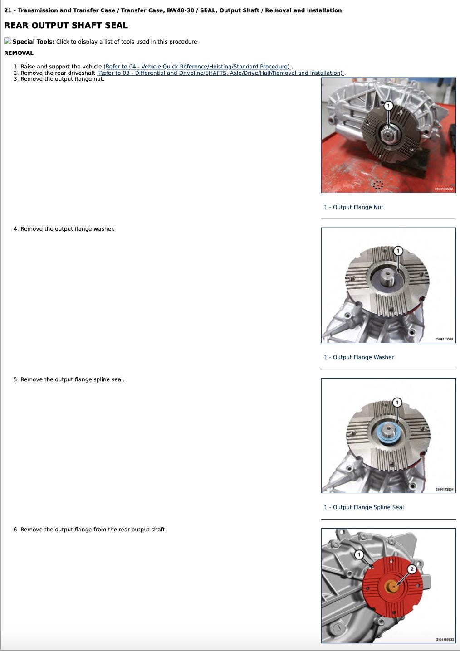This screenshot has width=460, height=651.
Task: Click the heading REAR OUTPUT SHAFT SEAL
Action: [66, 25]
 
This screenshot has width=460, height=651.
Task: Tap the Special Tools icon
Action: [8, 41]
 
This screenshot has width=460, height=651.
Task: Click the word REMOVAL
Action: [19, 53]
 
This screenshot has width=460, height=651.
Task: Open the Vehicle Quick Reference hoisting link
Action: [197, 67]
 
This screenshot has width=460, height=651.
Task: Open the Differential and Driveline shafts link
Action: [220, 73]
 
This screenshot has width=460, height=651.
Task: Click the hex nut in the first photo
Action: [388, 134]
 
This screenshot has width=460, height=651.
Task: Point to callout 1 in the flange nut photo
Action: [388, 106]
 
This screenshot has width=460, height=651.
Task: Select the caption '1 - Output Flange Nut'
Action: [353, 207]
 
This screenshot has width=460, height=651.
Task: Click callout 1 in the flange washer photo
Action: [398, 250]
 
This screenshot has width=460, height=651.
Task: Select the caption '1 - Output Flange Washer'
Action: [359, 357]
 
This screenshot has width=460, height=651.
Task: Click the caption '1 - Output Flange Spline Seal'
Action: [364, 507]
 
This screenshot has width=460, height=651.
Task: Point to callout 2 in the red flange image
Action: [412, 569]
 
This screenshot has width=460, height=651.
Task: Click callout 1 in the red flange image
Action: [359, 554]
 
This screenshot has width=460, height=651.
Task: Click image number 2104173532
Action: [444, 189]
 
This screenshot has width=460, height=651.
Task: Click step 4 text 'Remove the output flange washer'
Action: [68, 229]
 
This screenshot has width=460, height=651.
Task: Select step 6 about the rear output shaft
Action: [93, 530]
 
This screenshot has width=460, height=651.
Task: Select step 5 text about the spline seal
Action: [72, 379]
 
